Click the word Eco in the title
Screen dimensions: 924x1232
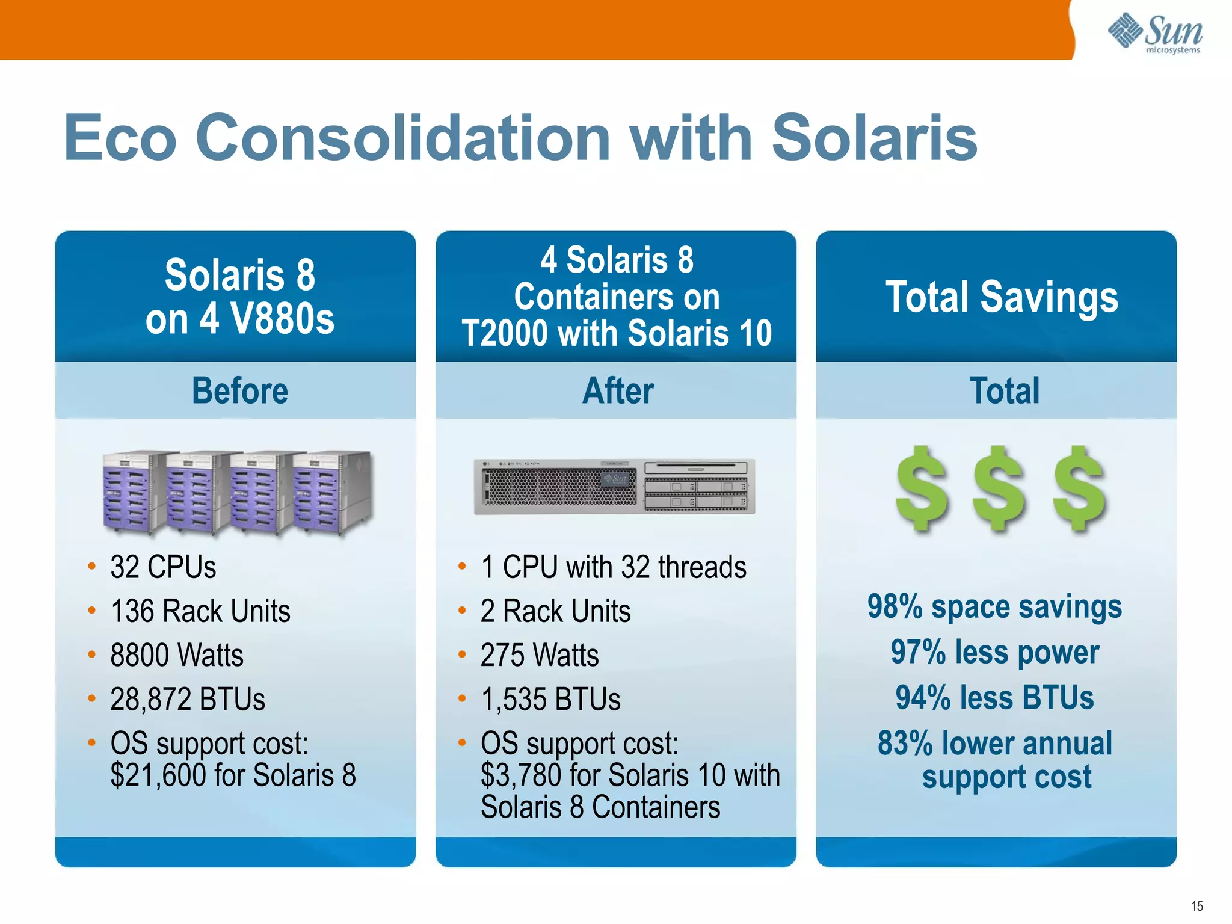(x=120, y=138)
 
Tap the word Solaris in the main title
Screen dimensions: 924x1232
(x=873, y=138)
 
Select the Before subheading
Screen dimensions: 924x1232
(x=239, y=391)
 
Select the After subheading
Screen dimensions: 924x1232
(x=618, y=391)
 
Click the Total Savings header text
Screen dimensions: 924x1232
(x=1002, y=297)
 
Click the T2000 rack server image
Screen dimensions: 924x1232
(x=614, y=487)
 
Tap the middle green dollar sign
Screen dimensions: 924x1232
(x=999, y=488)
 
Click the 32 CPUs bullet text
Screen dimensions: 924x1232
(x=163, y=567)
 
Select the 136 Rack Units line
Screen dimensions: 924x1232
(x=200, y=611)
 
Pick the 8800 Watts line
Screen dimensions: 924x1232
(x=177, y=655)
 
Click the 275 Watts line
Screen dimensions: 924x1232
(x=540, y=655)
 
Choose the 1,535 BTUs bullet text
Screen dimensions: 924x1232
(x=550, y=700)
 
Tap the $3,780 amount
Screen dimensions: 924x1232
(x=521, y=775)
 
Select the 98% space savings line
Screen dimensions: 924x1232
(x=994, y=606)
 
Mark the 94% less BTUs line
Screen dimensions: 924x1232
(x=994, y=698)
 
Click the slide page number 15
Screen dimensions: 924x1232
(x=1197, y=906)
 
